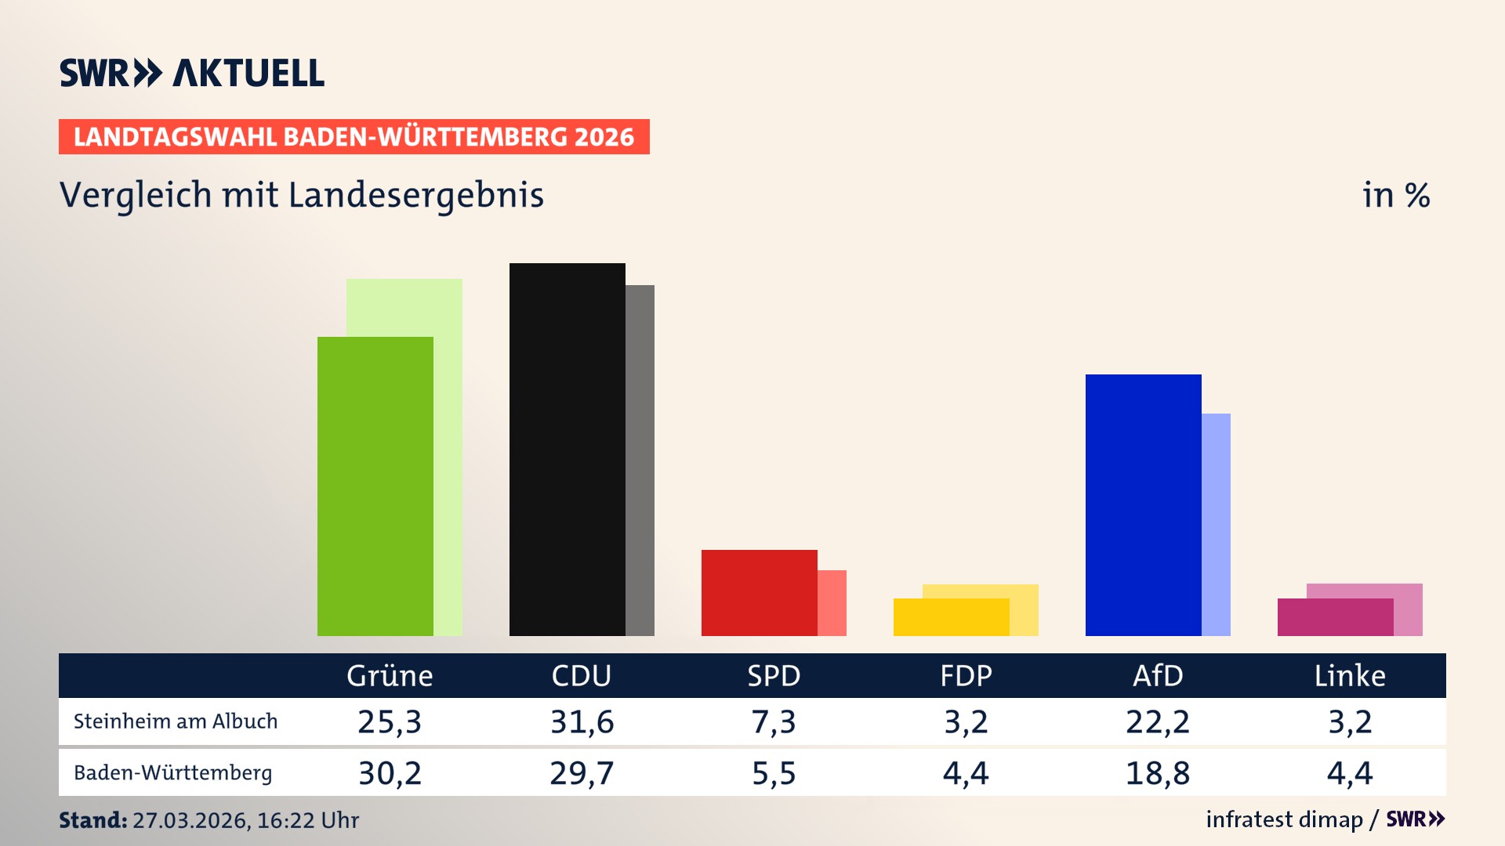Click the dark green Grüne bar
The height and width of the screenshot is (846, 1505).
[x=375, y=486]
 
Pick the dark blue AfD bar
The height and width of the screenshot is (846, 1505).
[x=1143, y=504]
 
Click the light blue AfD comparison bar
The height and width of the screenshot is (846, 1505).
[x=1216, y=524]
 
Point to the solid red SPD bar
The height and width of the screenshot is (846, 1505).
[x=759, y=592]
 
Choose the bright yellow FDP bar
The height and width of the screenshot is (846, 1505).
[x=951, y=617]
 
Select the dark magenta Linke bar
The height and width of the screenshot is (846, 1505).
[x=1335, y=617]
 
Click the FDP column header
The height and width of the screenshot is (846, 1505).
[x=966, y=676]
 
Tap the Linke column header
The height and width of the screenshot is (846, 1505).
[x=1349, y=676]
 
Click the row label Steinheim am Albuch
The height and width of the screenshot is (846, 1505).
[x=176, y=721]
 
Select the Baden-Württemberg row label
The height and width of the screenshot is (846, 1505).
[x=172, y=773]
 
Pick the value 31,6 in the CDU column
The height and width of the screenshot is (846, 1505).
[x=582, y=721]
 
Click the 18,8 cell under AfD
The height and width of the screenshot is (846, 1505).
[x=1157, y=773]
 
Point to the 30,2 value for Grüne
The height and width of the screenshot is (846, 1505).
[x=390, y=773]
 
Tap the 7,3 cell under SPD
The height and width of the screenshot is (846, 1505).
[x=774, y=721]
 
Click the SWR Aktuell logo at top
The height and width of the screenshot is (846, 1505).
[x=192, y=73]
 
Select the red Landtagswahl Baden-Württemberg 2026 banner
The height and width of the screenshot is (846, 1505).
[x=354, y=137]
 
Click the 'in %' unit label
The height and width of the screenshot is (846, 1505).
[x=1395, y=195]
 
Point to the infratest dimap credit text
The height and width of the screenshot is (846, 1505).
[x=1284, y=819]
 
